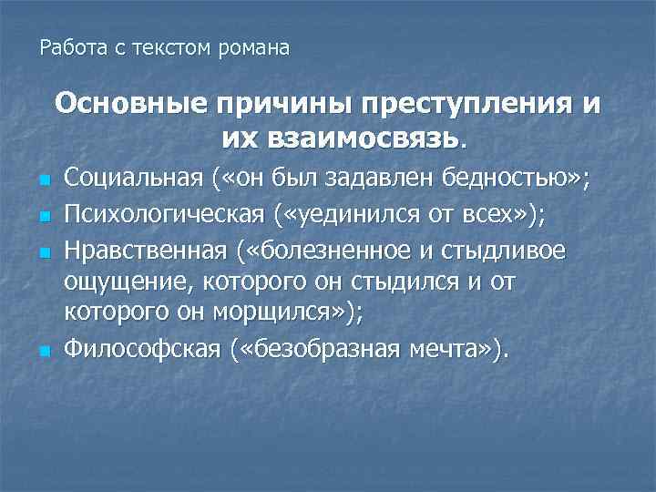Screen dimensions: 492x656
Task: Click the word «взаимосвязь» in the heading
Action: coord(342,138)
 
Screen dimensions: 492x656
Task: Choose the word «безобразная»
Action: coord(316,347)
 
